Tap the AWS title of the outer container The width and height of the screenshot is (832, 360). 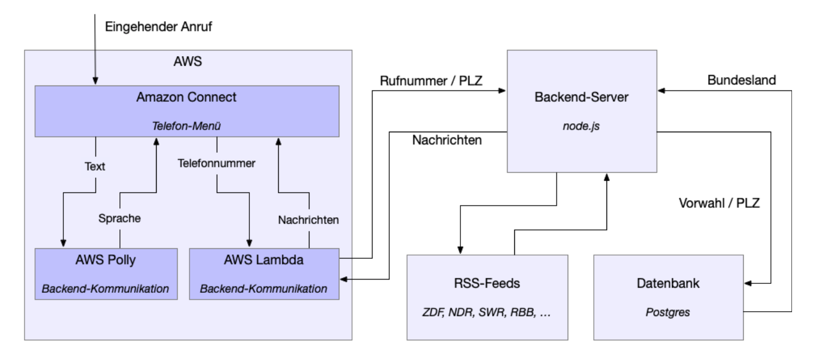[x=188, y=61]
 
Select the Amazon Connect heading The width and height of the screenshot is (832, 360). [x=187, y=97]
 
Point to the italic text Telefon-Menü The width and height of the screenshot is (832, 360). [x=187, y=126]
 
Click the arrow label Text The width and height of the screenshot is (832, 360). [x=95, y=166]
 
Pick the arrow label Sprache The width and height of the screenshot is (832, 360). [x=120, y=218]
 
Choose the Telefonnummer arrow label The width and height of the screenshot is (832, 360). [x=216, y=163]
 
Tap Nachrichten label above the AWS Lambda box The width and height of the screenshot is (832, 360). [x=308, y=220]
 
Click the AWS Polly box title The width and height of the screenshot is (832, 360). [x=106, y=259]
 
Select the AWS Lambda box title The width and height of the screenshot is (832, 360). [x=263, y=259]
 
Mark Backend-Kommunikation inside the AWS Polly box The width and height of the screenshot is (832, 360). [x=106, y=288]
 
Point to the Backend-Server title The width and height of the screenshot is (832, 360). [x=582, y=97]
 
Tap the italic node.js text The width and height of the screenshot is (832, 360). [x=582, y=126]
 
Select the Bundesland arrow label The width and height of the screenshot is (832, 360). [x=741, y=80]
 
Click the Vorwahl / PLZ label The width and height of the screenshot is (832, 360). [x=719, y=203]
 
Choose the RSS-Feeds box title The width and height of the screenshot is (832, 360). [x=487, y=284]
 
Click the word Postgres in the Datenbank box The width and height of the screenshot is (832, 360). [x=668, y=313]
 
